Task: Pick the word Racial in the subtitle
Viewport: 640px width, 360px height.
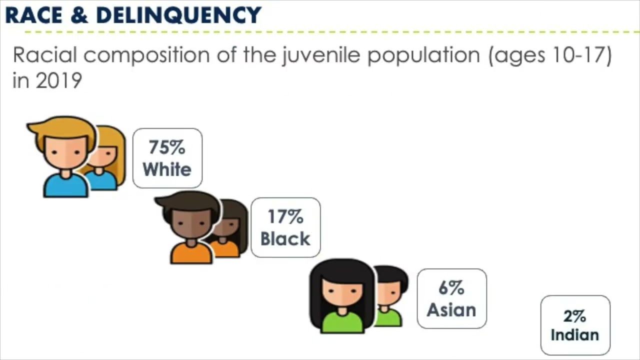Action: [44, 55]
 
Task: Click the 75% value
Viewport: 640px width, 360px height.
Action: [167, 147]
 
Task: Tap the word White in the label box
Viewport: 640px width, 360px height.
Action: [167, 169]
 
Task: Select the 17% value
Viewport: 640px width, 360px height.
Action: [285, 216]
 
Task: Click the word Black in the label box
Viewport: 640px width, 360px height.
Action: [285, 238]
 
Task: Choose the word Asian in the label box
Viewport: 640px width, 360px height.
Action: [451, 310]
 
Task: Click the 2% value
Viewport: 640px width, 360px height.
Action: [575, 316]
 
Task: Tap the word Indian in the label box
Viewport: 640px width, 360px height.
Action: [575, 334]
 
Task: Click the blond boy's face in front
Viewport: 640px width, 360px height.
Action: [66, 150]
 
